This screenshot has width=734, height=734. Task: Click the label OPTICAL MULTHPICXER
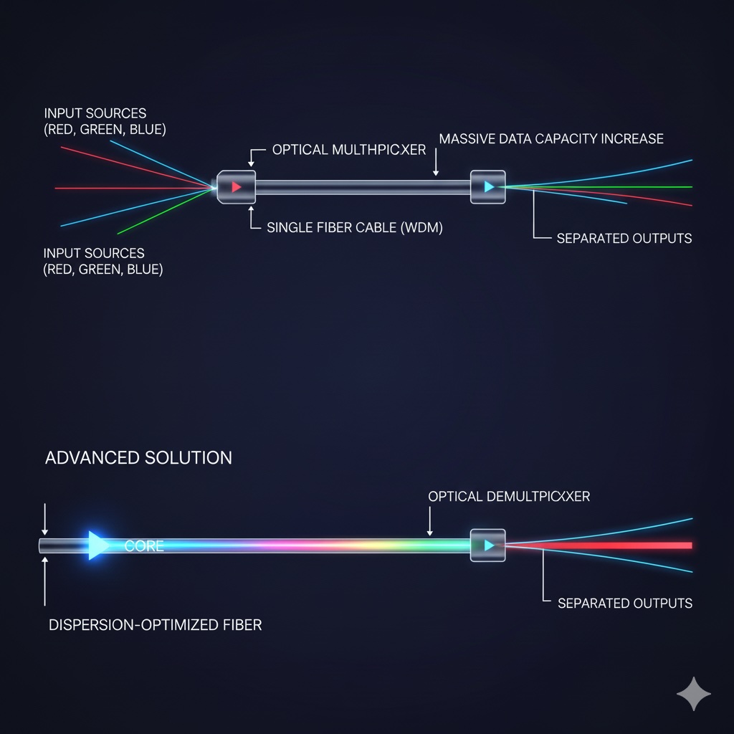(x=349, y=150)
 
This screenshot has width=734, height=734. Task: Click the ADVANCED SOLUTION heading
(x=138, y=457)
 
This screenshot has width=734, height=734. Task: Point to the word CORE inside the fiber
(x=144, y=546)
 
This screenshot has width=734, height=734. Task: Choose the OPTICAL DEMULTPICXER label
(x=509, y=496)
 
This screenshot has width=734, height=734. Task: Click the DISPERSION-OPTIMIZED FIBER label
(x=155, y=624)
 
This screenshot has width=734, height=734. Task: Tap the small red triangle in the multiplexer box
(x=237, y=187)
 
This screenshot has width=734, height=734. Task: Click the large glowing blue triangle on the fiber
(x=97, y=545)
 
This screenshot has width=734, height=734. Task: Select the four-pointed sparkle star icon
(x=694, y=693)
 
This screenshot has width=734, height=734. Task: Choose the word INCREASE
(x=633, y=138)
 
